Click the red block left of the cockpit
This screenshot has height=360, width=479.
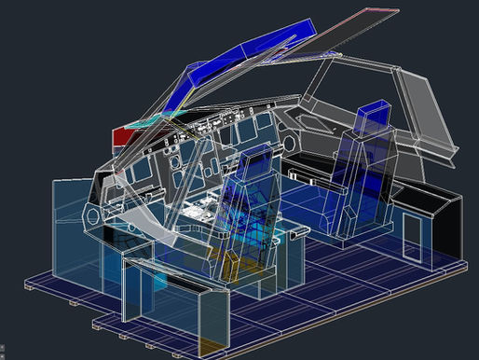pyautogui.click(x=121, y=137)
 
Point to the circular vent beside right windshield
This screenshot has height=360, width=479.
pyautogui.click(x=289, y=142)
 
